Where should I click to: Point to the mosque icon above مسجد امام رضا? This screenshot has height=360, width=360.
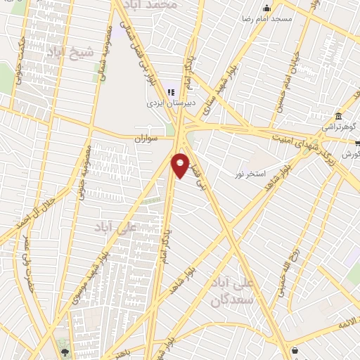pyautogui.click(x=266, y=8)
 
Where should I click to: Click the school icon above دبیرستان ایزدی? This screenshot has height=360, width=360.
pyautogui.click(x=169, y=91)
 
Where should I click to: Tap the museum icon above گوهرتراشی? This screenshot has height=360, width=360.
pyautogui.click(x=339, y=116)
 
